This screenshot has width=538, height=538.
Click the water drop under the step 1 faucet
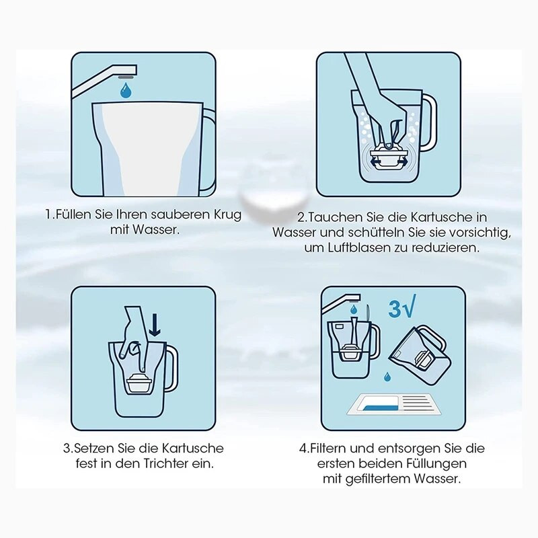click(x=126, y=91)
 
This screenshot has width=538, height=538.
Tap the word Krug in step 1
click(x=227, y=215)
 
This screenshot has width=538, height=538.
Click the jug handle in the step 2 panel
click(x=427, y=122)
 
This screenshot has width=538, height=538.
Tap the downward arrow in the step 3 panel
click(x=155, y=325)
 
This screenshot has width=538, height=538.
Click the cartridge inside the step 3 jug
click(x=139, y=383)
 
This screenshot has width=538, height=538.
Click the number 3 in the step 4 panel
click(x=395, y=309)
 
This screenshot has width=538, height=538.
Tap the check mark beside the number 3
click(x=410, y=305)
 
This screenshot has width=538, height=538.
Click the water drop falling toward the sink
click(x=387, y=377)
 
